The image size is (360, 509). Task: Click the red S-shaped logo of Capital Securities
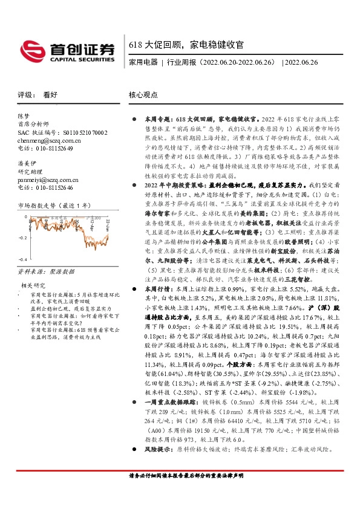point(31,48)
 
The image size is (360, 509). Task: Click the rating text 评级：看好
point(38,95)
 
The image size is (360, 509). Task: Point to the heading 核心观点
point(143,95)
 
